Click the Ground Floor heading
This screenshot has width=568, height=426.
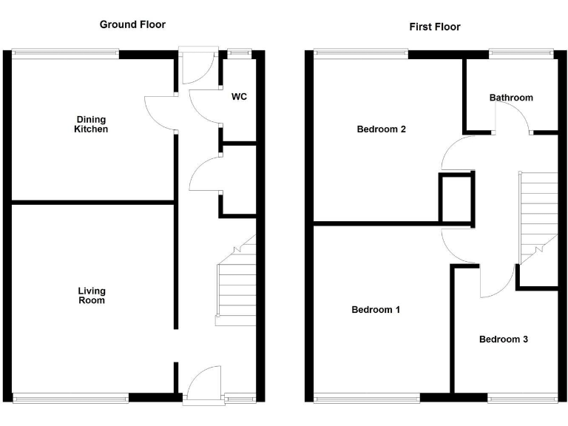tap(132, 24)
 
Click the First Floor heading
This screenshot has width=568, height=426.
tap(434, 27)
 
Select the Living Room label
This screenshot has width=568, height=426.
tap(92, 296)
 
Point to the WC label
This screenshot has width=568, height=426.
tap(239, 97)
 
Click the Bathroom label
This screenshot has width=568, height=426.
tap(510, 98)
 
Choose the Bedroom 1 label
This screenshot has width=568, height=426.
tap(376, 310)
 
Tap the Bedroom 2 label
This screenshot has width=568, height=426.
tap(381, 129)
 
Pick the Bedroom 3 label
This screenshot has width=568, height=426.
tap(503, 339)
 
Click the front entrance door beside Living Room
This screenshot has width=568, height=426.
tap(203, 385)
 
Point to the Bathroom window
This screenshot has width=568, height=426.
tap(521, 53)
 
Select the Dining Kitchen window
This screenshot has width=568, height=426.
tap(65, 53)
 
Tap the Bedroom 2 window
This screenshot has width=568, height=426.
tap(361, 53)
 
